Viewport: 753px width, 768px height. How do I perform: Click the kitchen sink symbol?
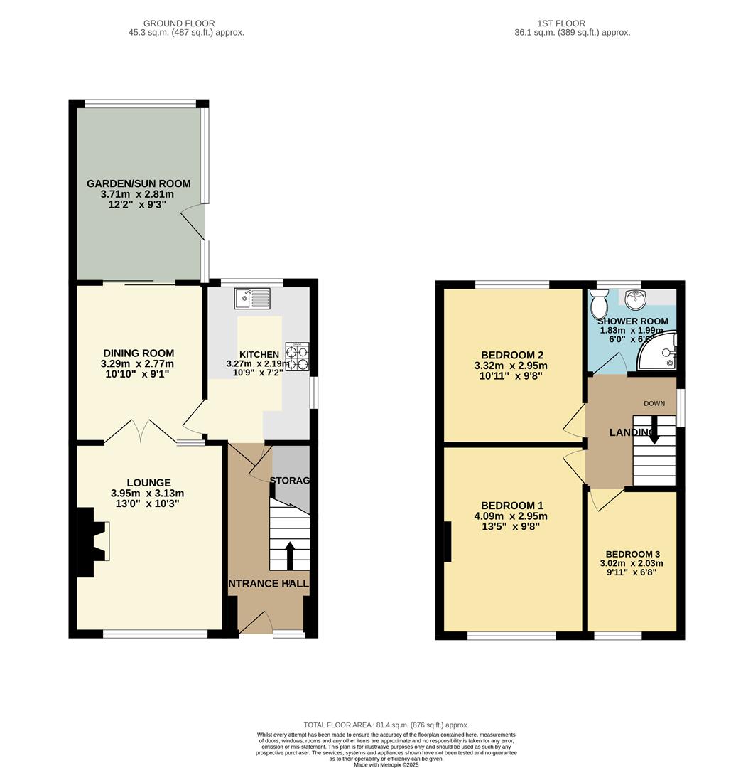(252, 299)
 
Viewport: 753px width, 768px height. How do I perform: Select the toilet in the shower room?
(598, 306)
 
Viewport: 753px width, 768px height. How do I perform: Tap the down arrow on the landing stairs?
(654, 430)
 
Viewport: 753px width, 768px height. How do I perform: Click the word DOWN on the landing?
(654, 404)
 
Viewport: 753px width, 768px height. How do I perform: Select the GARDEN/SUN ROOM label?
(139, 183)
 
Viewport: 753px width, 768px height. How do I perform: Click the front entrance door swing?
(257, 622)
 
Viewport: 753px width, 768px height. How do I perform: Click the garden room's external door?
(193, 223)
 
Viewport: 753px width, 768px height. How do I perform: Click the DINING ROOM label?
(139, 353)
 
